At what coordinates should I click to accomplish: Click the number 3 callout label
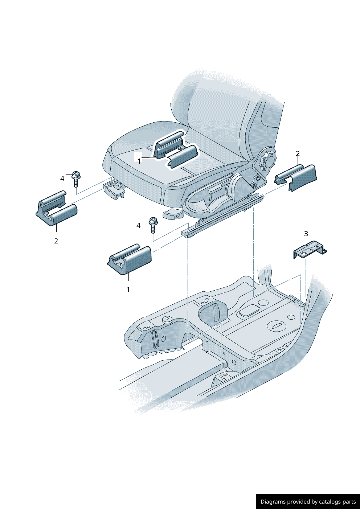point(306,234)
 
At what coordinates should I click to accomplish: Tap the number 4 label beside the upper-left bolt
point(62,178)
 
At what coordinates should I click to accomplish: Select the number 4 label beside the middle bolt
point(138,225)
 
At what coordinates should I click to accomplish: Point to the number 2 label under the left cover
point(56,241)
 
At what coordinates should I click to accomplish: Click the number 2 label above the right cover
point(298,153)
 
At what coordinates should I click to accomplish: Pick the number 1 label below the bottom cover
point(128,290)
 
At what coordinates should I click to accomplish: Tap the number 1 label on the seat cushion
point(139,161)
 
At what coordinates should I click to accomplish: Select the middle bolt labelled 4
point(153,225)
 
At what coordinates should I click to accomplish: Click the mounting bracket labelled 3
point(310,250)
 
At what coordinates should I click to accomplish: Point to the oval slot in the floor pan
point(277,326)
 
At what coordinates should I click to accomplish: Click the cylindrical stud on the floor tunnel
point(167,319)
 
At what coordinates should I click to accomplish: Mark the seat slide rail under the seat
point(223,215)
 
